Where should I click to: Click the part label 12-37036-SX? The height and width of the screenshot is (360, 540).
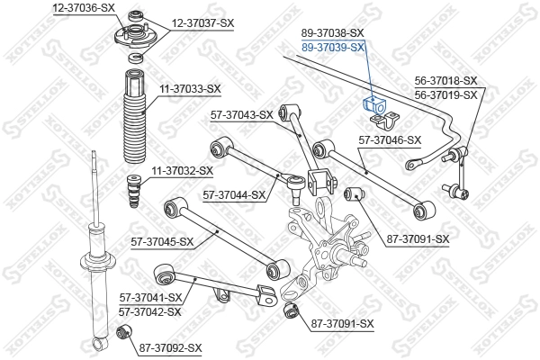[x=84, y=6]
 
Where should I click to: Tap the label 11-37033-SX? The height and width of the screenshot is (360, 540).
[x=190, y=88]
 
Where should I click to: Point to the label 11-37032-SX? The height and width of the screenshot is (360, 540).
[x=182, y=170]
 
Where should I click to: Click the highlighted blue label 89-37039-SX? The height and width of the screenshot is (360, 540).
[x=332, y=47]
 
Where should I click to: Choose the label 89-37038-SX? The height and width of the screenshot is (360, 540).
[x=332, y=34]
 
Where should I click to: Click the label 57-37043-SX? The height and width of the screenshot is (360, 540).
[x=240, y=114]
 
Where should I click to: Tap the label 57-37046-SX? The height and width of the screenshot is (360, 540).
[x=390, y=139]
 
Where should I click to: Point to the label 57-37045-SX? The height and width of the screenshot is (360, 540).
[x=163, y=241]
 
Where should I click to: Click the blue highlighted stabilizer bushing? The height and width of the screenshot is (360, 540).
[x=372, y=104]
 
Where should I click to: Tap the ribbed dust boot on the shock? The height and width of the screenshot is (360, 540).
[x=133, y=112]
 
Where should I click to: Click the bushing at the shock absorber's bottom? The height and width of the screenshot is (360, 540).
[x=127, y=335]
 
